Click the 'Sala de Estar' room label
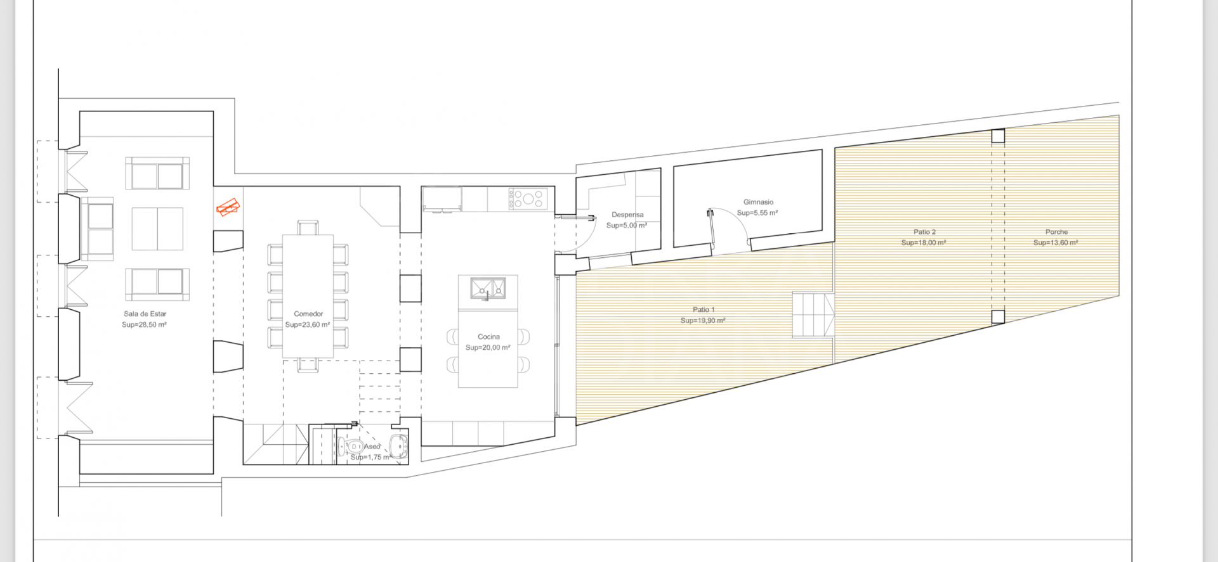[x=145, y=314]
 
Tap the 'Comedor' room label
[x=308, y=314]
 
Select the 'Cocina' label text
[x=488, y=336]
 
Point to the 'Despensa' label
[x=627, y=215]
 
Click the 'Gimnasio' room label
[x=758, y=202]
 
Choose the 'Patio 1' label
[x=704, y=310]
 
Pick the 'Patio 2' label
[x=924, y=232]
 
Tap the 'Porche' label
[x=1056, y=232]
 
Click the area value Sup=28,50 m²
[x=144, y=324]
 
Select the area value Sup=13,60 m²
[x=1056, y=243]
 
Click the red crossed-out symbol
[x=228, y=207]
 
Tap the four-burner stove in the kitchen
[x=527, y=199]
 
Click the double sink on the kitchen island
[x=488, y=288]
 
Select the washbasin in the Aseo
[x=398, y=446]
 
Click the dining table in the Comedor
[x=308, y=296]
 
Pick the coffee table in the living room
[x=157, y=229]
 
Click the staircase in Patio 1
[x=813, y=315]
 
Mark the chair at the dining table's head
[x=308, y=227]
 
